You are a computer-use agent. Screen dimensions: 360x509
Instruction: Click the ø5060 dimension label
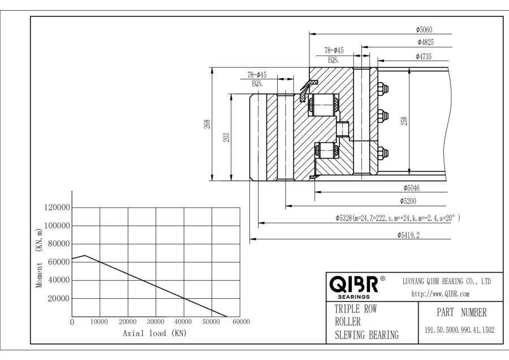click(x=424, y=29)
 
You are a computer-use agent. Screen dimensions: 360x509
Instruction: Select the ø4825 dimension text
click(x=426, y=42)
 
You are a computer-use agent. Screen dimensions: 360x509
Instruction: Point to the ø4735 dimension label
click(x=424, y=56)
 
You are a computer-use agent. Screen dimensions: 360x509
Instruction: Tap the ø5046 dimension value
click(x=411, y=188)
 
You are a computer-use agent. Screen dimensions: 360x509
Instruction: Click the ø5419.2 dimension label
click(x=408, y=234)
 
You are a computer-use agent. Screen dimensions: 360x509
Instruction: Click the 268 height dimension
click(x=208, y=123)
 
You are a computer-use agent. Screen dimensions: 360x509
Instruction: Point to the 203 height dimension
click(x=226, y=137)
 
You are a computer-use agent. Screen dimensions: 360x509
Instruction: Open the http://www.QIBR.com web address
click(x=439, y=294)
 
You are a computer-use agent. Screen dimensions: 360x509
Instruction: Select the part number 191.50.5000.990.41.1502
click(x=459, y=330)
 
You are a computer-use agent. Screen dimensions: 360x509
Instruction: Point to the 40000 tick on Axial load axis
click(x=183, y=322)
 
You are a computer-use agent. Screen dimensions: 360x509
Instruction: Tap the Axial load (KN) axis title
click(x=154, y=333)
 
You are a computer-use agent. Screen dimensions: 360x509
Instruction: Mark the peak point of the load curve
click(x=85, y=255)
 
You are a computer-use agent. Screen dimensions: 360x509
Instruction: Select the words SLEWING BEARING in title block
click(x=366, y=335)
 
